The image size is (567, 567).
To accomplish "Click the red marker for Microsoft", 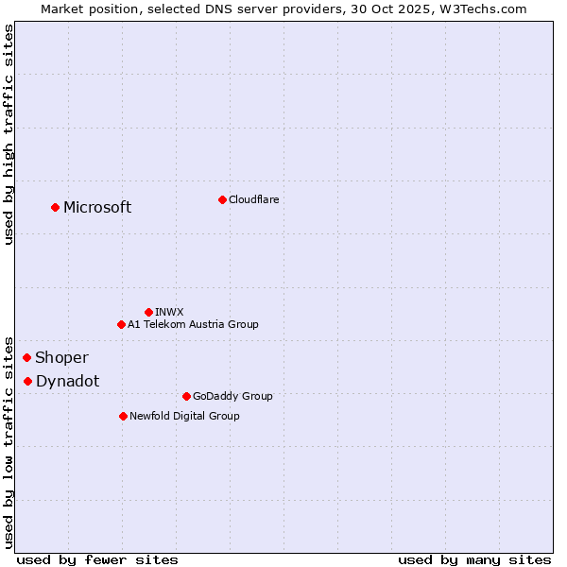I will click(x=56, y=207).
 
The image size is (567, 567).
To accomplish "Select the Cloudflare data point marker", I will click(x=222, y=199).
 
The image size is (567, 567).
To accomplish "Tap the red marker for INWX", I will click(x=148, y=312).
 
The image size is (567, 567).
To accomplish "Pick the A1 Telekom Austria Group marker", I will click(x=121, y=324).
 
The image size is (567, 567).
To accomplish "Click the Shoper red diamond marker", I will click(x=27, y=357).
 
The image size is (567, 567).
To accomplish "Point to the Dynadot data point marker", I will click(x=28, y=381).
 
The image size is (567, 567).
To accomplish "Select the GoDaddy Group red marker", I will click(x=186, y=396).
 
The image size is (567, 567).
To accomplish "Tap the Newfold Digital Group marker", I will click(x=123, y=416).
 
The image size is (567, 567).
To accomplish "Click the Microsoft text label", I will click(x=97, y=208).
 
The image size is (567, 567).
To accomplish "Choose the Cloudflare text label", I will click(x=253, y=199).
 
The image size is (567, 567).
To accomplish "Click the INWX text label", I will click(x=169, y=312).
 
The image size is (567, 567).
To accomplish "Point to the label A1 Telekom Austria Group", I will click(x=193, y=324).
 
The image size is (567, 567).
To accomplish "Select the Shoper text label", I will click(x=61, y=357).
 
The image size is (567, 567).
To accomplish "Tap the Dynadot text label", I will click(x=67, y=381).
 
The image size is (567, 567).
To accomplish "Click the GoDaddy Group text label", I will click(x=232, y=396).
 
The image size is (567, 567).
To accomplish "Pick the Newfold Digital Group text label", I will click(x=184, y=416).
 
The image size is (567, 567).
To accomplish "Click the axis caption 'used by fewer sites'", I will click(x=97, y=559).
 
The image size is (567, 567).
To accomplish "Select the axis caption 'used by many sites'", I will click(x=474, y=559).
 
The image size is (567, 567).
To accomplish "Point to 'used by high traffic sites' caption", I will click(x=9, y=134).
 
